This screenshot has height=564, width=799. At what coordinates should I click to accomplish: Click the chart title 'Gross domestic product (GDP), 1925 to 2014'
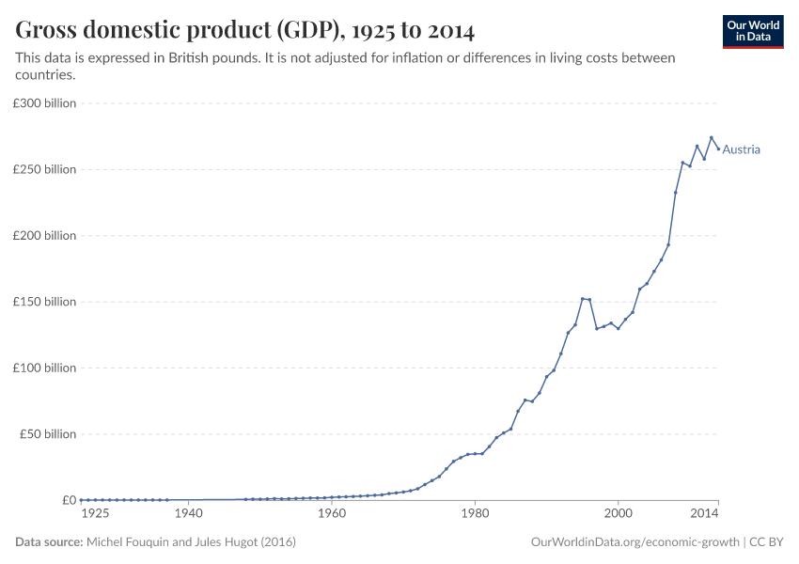pos(244,30)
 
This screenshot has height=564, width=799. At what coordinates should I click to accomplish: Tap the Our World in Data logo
pos(752,31)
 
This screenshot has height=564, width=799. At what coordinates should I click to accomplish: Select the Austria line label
pos(741,149)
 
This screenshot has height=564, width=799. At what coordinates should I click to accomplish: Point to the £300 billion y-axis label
pos(45,103)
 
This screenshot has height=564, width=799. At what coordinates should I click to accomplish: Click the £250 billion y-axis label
pos(45,169)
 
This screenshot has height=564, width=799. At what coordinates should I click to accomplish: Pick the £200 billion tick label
pos(45,236)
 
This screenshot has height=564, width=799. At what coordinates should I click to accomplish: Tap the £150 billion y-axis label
pos(45,302)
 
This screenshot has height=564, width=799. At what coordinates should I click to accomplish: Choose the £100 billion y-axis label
pos(45,368)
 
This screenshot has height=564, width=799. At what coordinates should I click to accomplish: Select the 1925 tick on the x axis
pos(95,514)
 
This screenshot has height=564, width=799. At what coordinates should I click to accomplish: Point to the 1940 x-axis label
pos(189,514)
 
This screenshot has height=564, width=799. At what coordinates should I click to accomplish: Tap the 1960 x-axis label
pos(331,514)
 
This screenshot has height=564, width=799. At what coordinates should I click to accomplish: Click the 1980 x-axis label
pos(474,514)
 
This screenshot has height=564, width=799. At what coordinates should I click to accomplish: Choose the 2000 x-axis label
pos(618,514)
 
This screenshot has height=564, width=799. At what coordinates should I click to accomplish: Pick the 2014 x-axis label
pos(704,514)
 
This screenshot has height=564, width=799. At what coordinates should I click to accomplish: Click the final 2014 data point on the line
pos(718,149)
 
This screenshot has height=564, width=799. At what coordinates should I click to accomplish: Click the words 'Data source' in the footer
pos(49,542)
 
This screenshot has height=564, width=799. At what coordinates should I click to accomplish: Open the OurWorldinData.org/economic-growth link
pos(634,542)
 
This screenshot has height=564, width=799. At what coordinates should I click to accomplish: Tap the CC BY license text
pos(766,542)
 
